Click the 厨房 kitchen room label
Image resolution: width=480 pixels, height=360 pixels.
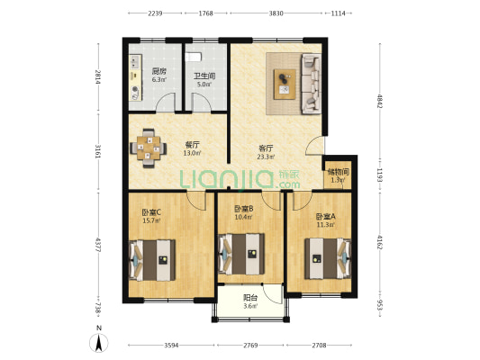(159, 72)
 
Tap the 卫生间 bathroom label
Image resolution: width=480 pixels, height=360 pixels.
(204, 76)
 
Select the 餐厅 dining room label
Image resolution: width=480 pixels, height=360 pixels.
(192, 145)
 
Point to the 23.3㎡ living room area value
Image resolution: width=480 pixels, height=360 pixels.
(266, 157)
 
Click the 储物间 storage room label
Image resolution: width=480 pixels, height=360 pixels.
(339, 172)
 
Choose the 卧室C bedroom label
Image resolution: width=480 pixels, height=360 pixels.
(151, 212)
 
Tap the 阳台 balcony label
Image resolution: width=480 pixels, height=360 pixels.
(250, 298)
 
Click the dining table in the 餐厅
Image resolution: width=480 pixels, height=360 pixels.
(149, 148)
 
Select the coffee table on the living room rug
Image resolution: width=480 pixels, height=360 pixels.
(285, 84)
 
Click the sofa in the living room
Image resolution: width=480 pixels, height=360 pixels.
(312, 84)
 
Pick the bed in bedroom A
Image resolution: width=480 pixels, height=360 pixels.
(328, 258)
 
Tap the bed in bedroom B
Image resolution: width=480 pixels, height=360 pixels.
(241, 254)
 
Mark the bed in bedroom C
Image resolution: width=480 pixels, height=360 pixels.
(152, 260)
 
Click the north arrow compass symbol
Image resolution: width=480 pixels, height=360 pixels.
(98, 343)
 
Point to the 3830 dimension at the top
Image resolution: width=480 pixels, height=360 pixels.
(276, 13)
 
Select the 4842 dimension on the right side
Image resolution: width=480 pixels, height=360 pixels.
(380, 101)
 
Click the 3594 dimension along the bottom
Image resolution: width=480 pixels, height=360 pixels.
(171, 346)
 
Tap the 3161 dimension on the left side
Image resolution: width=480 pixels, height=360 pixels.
(98, 151)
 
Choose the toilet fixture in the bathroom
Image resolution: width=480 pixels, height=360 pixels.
(194, 57)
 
